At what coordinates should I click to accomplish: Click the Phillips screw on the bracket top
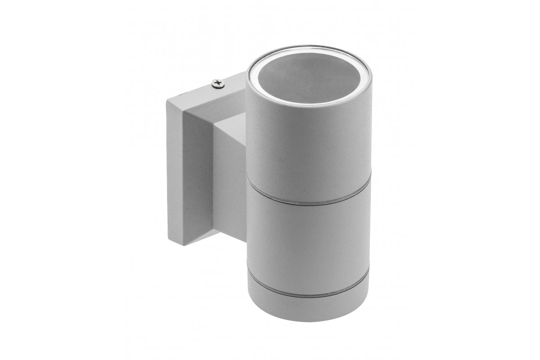[x=219, y=83]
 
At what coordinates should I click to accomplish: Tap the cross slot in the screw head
[x=219, y=83]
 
